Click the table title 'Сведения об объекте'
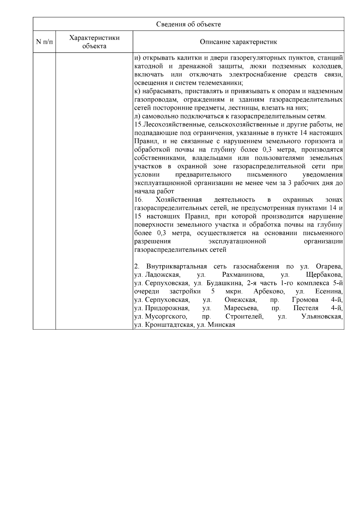[x=188, y=24]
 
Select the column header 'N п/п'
[x=44, y=42]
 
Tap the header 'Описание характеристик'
[x=238, y=42]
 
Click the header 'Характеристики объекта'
[x=94, y=42]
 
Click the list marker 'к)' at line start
[x=137, y=91]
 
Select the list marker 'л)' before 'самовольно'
[x=137, y=116]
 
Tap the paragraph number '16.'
[x=138, y=200]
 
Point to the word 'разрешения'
[x=152, y=242]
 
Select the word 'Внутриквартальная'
[x=176, y=267]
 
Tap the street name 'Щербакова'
[x=324, y=275]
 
